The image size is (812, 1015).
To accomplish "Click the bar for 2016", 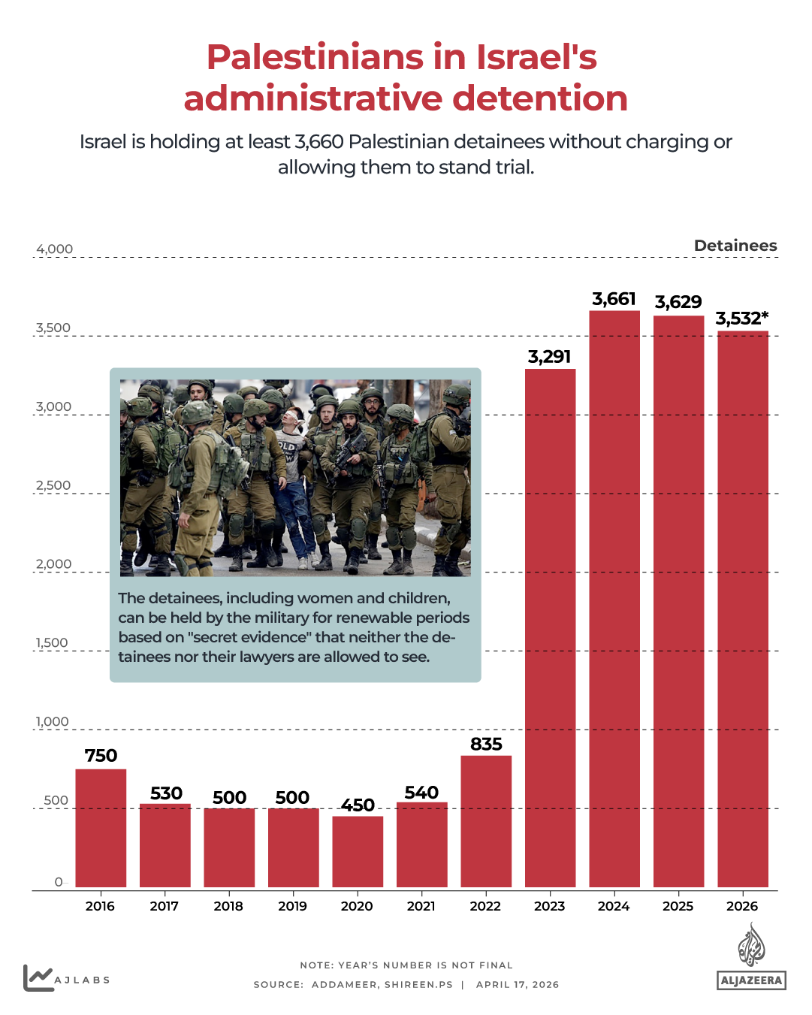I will tap(101, 828).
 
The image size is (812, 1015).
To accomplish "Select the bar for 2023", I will tap(550, 627).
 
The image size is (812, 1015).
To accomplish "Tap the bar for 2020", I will tap(358, 851).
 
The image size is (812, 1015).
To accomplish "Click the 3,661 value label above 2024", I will tap(614, 299).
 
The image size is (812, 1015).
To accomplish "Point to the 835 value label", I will tap(486, 744).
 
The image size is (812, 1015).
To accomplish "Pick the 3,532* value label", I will tap(741, 319).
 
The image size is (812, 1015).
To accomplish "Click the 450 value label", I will tap(358, 805).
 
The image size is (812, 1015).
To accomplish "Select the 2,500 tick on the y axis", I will tap(53, 485).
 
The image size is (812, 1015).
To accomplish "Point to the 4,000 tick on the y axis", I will tap(54, 249).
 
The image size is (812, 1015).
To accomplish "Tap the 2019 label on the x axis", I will tap(292, 906).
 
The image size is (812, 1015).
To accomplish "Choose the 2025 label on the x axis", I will tap(678, 906).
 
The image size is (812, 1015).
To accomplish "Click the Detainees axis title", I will tap(735, 246).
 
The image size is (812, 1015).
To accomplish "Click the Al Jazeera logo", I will tap(751, 957).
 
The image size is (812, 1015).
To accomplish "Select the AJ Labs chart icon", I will tap(38, 978).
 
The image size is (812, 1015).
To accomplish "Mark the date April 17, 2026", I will tap(518, 984).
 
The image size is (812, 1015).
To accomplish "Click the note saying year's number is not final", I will tap(406, 965).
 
